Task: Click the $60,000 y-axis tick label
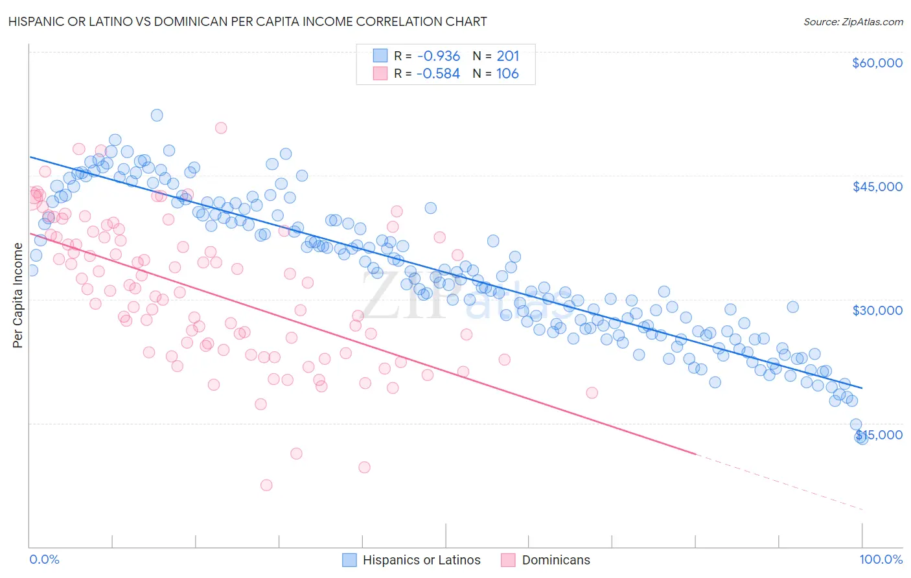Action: [x=877, y=63]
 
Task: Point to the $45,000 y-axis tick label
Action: [x=877, y=187]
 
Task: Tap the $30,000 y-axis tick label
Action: [x=877, y=310]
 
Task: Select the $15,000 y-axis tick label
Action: [x=879, y=435]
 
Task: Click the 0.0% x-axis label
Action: [x=44, y=560]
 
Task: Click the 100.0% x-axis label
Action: [x=881, y=560]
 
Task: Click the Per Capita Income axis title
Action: [x=18, y=295]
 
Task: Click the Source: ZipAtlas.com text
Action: [x=853, y=21]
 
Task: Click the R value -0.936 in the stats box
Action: [x=438, y=56]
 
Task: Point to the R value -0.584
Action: [x=438, y=73]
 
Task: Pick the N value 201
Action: [x=508, y=56]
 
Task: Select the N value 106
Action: [x=508, y=73]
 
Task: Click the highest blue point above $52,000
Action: [x=157, y=115]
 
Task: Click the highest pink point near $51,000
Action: [x=221, y=128]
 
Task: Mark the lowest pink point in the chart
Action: [x=266, y=485]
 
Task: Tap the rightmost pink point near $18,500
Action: [x=592, y=393]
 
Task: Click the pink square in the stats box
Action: [x=380, y=73]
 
